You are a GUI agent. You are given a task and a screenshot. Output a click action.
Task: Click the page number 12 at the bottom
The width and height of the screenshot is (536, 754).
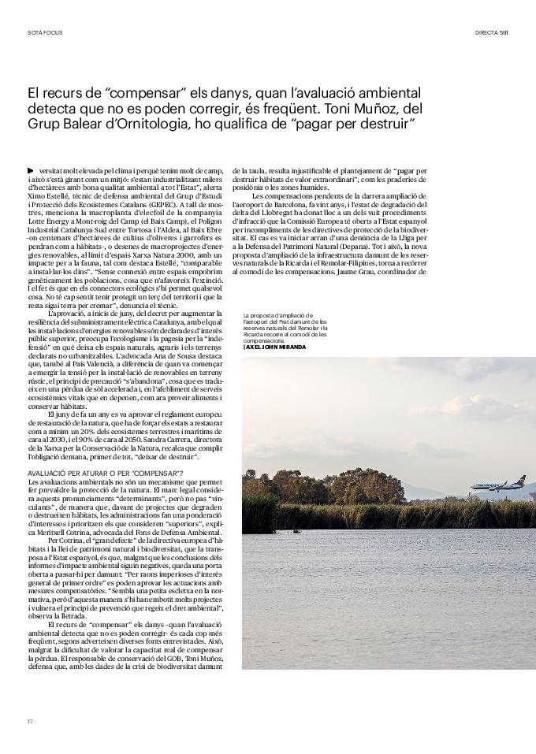point(30,720)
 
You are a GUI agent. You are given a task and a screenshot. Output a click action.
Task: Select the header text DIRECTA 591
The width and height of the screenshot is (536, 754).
point(492,32)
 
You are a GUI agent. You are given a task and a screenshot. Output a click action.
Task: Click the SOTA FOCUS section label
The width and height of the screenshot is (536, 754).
point(44,32)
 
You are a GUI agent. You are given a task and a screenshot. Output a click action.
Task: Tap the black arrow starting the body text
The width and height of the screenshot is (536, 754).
point(30,170)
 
